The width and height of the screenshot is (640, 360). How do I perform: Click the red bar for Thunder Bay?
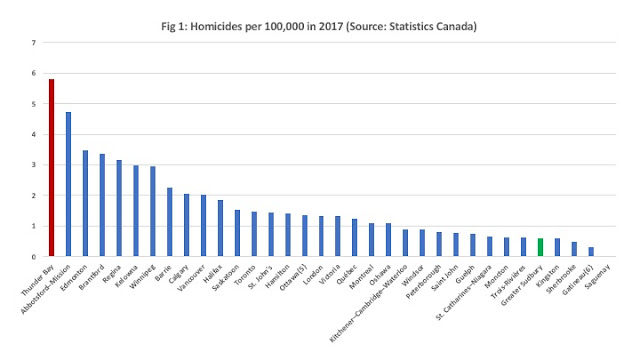click(51, 168)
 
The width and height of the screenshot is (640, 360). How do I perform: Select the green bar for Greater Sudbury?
click(540, 247)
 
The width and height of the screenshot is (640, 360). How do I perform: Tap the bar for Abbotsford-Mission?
click(69, 184)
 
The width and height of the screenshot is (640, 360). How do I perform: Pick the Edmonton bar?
click(85, 203)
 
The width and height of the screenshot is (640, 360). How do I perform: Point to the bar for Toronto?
click(254, 234)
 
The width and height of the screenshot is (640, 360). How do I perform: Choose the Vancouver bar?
click(204, 226)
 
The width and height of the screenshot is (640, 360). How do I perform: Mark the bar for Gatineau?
click(591, 252)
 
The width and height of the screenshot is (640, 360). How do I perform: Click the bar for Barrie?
click(170, 222)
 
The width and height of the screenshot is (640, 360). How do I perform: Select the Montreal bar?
click(371, 240)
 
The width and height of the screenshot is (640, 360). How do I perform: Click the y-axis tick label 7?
click(34, 42)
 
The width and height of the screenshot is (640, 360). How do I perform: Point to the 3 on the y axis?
click(34, 165)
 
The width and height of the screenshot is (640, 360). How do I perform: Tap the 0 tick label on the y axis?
click(34, 257)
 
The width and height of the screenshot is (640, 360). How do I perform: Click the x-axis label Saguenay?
click(597, 277)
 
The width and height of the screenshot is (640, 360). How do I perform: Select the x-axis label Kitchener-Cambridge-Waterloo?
click(368, 304)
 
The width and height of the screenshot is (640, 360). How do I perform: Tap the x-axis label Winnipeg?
click(142, 277)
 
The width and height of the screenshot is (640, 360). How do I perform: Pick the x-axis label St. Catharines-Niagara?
click(464, 293)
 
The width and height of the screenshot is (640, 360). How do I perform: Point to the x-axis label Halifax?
click(213, 273)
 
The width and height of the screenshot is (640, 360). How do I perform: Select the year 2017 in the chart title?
click(330, 27)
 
